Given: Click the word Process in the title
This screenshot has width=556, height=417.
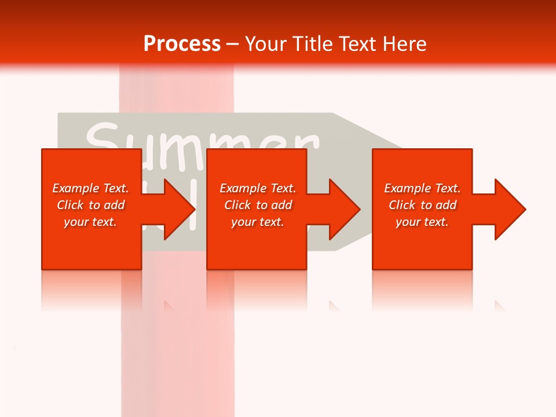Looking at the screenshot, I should [182, 44].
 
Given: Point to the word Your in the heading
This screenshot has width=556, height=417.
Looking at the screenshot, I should [266, 44].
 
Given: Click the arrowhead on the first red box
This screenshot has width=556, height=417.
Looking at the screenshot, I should [177, 209].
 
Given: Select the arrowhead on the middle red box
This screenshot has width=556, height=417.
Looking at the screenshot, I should [342, 209].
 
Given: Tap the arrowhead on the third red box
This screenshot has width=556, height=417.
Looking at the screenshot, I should [507, 209].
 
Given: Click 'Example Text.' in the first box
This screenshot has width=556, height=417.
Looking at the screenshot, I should [90, 188].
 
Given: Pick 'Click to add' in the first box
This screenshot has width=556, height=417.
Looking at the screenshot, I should [90, 205].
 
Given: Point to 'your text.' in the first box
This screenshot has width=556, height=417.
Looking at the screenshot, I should [90, 222].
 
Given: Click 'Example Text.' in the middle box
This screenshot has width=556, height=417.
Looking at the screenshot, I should [258, 188].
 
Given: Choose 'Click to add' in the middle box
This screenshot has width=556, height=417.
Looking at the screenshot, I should [258, 205].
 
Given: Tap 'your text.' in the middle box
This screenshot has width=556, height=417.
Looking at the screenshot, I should [258, 222].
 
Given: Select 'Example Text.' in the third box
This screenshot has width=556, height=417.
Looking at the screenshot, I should [422, 188].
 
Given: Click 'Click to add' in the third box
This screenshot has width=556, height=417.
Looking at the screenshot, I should [422, 205].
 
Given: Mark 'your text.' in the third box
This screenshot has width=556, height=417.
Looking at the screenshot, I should [422, 222].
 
